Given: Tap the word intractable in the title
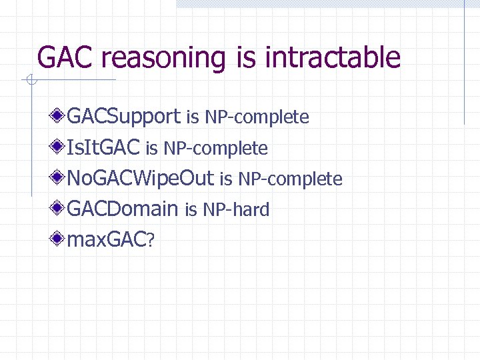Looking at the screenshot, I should coord(333,58).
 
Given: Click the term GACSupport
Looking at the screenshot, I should coord(124,117).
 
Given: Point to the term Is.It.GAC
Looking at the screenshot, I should coord(103,148).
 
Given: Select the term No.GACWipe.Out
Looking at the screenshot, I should coord(141,179).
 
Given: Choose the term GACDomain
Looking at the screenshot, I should coord(123,209).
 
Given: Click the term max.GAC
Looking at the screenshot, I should coord(107,240).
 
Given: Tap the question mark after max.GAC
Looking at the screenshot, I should coord(151,241).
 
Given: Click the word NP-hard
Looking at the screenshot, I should coord(236,210).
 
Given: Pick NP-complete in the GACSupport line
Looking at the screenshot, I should coord(257,118).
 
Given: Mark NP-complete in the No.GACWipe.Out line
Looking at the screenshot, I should coord(290,179).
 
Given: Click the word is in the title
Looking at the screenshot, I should coord(246,58).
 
